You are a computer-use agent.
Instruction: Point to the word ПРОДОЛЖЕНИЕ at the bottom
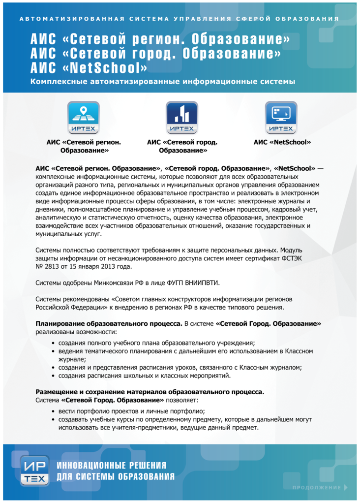(x=316, y=487)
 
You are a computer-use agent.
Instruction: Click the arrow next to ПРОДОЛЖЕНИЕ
(x=346, y=487)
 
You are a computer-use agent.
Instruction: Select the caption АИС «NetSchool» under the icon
(x=282, y=142)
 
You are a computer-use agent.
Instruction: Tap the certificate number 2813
(x=53, y=267)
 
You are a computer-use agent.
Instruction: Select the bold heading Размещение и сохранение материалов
(x=150, y=392)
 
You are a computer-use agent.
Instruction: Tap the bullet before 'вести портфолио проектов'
(x=54, y=411)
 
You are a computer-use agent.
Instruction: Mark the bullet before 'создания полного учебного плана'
(x=54, y=343)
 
